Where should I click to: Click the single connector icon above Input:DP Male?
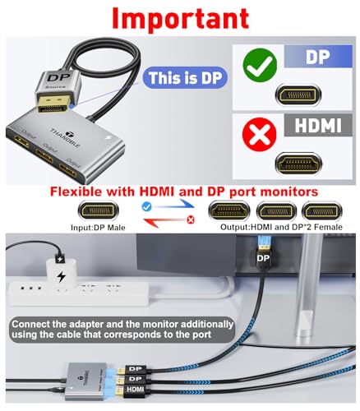[x=97, y=210]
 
